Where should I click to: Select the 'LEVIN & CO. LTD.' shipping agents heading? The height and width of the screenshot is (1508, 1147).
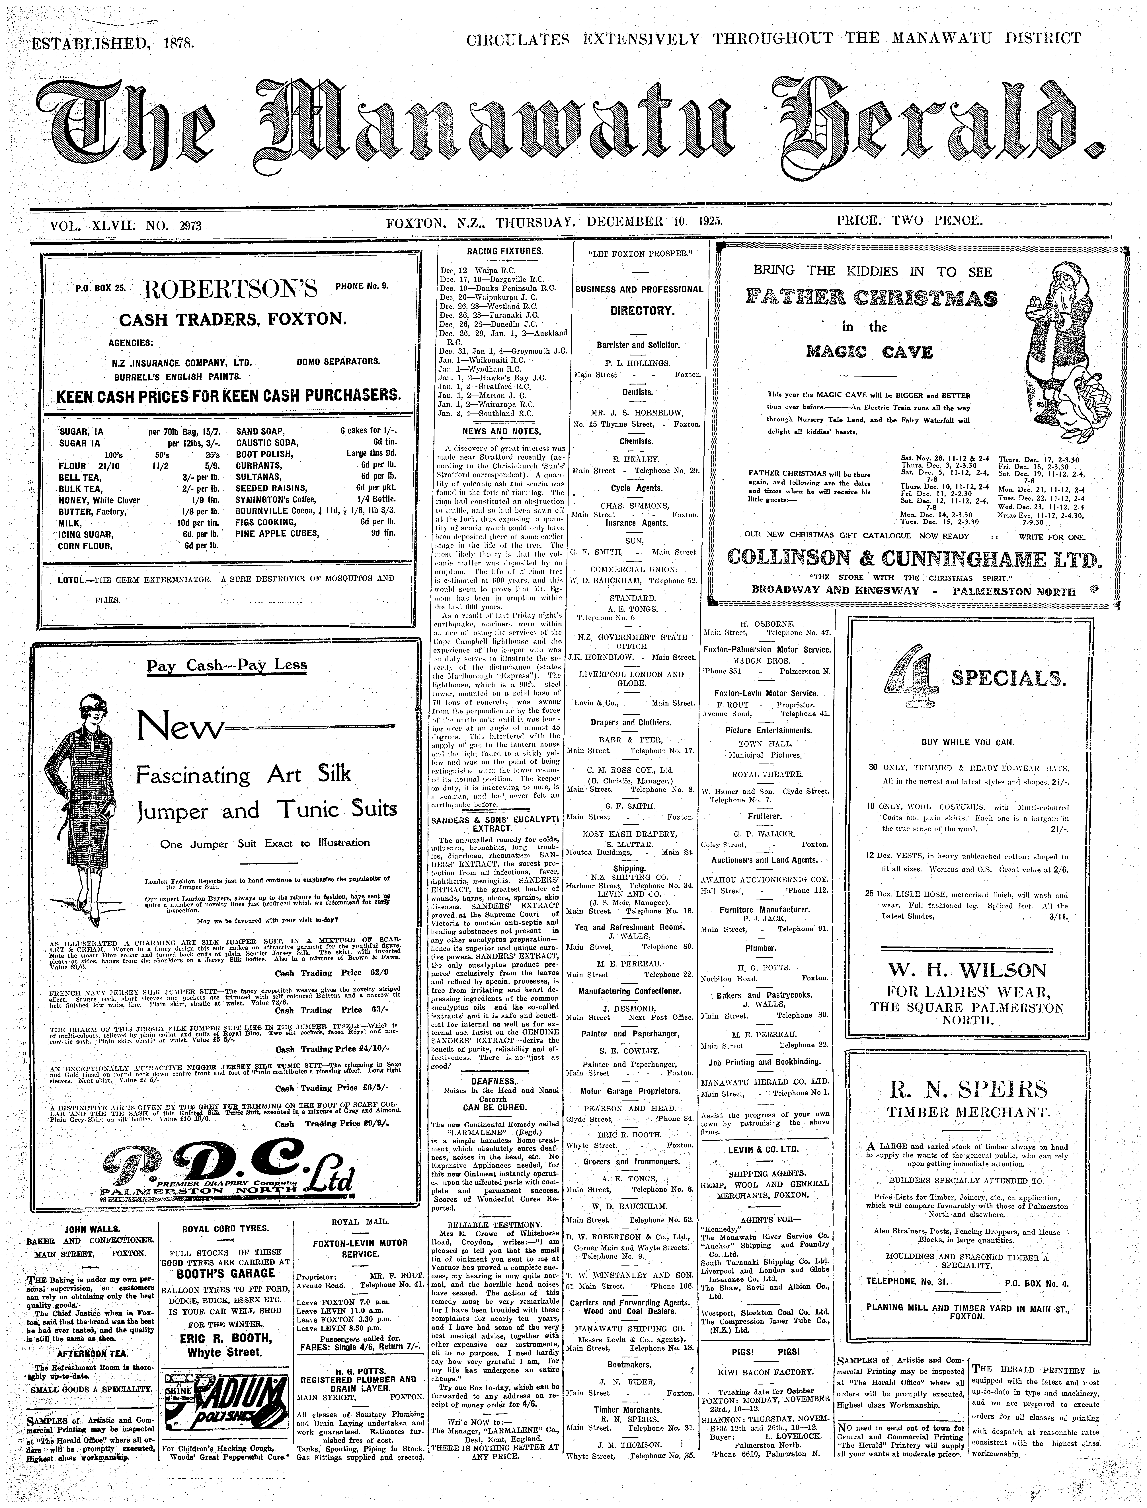click(x=763, y=1150)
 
